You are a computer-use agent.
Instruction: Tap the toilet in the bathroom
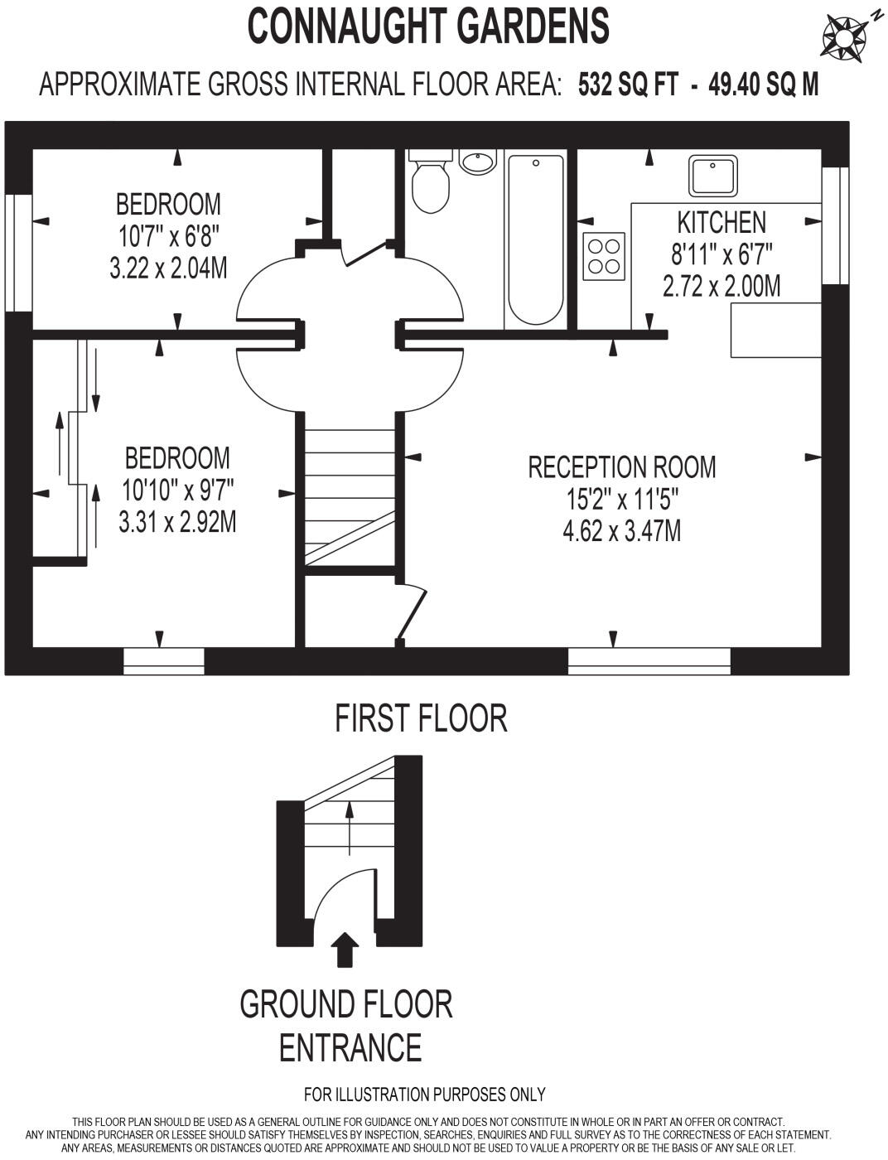[x=431, y=184]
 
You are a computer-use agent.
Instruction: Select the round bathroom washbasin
[x=477, y=162]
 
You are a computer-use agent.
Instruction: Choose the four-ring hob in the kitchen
[x=604, y=256]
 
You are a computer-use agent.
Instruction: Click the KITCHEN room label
[x=721, y=222]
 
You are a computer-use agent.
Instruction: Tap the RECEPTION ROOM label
[x=621, y=467]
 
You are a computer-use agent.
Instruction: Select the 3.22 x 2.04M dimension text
[x=168, y=268]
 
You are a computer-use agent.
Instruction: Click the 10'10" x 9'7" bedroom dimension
[x=178, y=491]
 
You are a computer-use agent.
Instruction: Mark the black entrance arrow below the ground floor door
[x=345, y=950]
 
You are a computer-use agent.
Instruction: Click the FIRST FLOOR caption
[x=421, y=718]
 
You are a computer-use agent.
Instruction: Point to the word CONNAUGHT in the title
[x=348, y=27]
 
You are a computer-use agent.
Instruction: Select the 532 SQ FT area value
[x=628, y=85]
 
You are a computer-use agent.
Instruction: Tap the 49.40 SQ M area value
[x=763, y=85]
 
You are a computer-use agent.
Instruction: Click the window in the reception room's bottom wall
[x=649, y=661]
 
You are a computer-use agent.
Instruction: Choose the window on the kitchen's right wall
[x=835, y=225]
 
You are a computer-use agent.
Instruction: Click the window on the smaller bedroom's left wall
[x=18, y=253]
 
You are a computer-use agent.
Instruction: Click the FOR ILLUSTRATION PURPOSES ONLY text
[x=424, y=1095]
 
